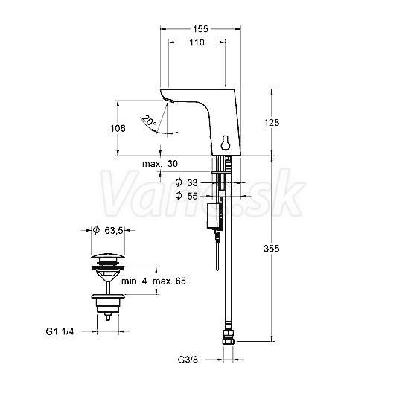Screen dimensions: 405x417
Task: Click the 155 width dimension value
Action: pyautogui.click(x=200, y=29)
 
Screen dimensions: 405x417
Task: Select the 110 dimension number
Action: pyautogui.click(x=197, y=42)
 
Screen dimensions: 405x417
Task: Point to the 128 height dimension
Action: pyautogui.click(x=272, y=122)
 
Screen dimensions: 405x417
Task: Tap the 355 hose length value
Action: pyautogui.click(x=272, y=249)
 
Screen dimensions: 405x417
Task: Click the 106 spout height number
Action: pyautogui.click(x=118, y=128)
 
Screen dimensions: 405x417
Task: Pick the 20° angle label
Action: pyautogui.click(x=150, y=121)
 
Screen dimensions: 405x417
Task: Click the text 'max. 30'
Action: pyautogui.click(x=160, y=164)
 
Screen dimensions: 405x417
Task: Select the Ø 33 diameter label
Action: pyautogui.click(x=186, y=182)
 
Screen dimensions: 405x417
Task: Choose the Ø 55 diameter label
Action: pyautogui.click(x=186, y=196)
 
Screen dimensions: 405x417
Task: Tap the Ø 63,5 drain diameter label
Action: pyautogui.click(x=108, y=230)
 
